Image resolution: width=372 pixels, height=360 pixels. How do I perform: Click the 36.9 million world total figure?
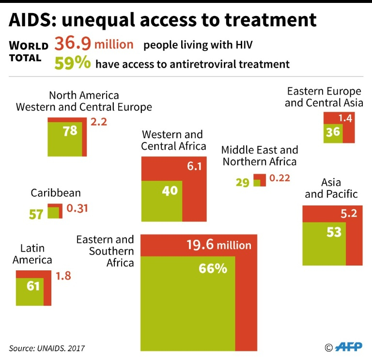(93, 45)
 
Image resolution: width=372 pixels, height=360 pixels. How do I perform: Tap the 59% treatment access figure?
(73, 63)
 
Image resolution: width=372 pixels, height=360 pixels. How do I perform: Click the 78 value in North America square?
(70, 130)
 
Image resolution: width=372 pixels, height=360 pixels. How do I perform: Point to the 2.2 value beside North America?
(98, 122)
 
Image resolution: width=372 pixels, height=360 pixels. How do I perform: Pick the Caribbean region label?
(56, 193)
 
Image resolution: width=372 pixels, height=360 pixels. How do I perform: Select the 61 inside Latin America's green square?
(33, 286)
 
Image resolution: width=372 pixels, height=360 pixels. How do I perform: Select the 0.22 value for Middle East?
(279, 178)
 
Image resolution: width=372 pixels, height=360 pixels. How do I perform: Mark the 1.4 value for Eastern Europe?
(345, 118)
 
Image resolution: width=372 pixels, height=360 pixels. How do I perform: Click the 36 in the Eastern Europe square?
(333, 132)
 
